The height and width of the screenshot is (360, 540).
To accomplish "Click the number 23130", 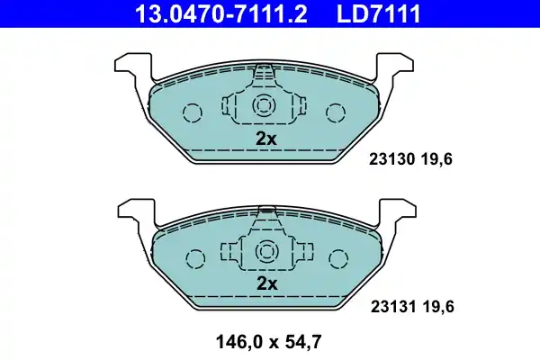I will [x=390, y=161].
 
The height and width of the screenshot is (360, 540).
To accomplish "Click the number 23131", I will [x=390, y=306].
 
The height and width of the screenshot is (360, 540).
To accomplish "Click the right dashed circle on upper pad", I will [x=336, y=113].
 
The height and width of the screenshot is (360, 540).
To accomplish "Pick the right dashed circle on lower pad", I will [x=336, y=258].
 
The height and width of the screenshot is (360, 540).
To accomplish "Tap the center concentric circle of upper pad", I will [x=265, y=105].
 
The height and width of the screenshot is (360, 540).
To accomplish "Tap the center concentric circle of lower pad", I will [x=265, y=251].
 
